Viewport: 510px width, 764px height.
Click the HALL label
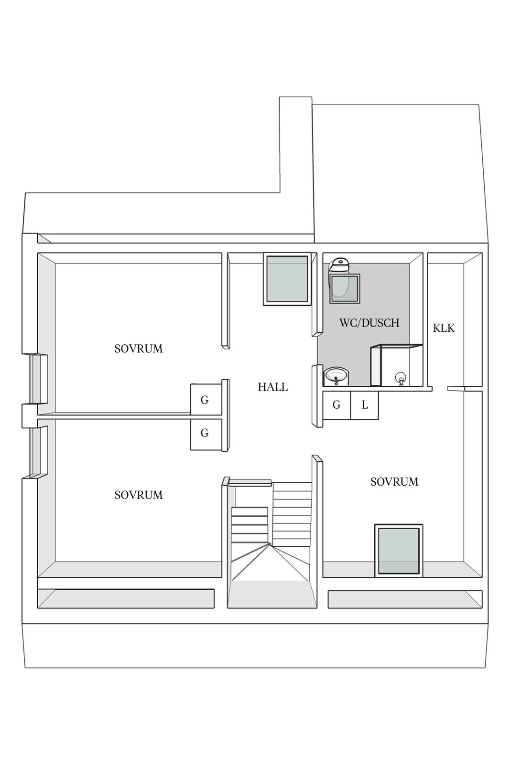[x=272, y=387]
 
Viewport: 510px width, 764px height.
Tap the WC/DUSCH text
[x=369, y=323]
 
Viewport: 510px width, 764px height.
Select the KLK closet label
[x=444, y=328]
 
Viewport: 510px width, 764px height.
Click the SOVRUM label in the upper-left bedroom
[x=138, y=349]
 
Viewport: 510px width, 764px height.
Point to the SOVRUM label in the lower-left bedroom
[x=138, y=495]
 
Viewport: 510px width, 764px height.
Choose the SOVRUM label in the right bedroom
[x=394, y=482]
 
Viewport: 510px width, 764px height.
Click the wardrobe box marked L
[x=365, y=405]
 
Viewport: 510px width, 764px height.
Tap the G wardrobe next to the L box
[x=336, y=405]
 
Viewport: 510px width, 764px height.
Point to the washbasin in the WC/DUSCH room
[x=336, y=376]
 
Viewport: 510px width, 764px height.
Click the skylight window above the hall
[x=287, y=279]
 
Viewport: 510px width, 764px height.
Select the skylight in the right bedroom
[x=399, y=551]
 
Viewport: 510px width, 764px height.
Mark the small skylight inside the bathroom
[x=345, y=288]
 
